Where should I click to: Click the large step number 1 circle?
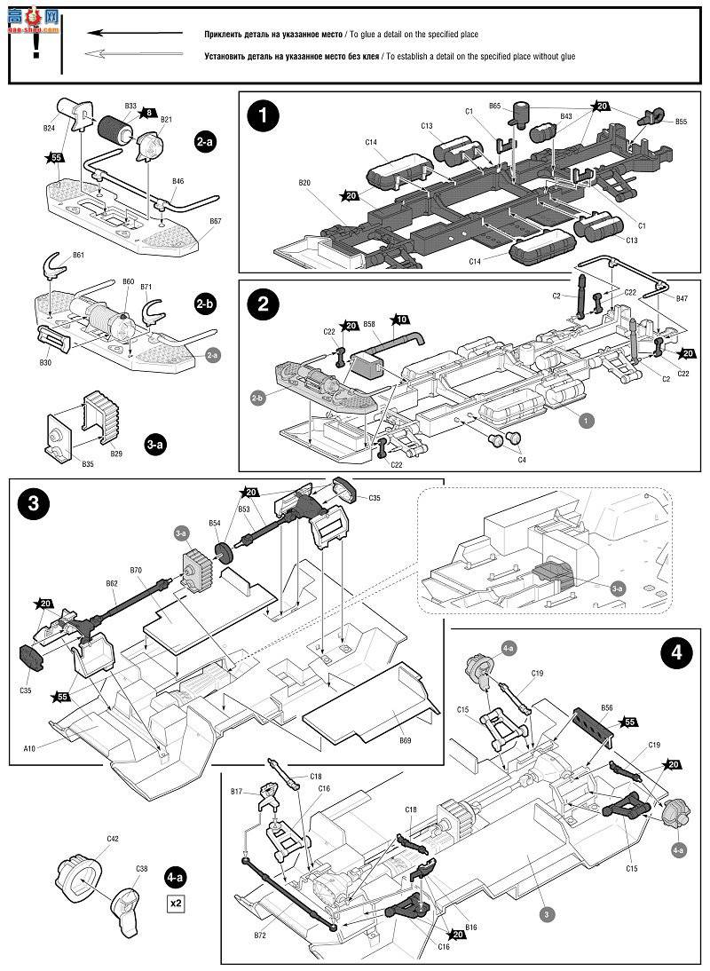coord(263,115)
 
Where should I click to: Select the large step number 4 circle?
coord(677,654)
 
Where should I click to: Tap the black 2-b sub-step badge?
coord(205,304)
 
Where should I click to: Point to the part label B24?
coord(50,128)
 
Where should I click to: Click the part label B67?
coord(216,221)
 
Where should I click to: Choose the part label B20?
coord(304,183)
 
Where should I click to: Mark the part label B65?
coord(494,106)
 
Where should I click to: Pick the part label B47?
coord(682,299)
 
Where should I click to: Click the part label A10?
coord(30,748)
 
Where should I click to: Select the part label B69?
coord(405,739)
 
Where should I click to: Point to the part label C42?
coord(113,838)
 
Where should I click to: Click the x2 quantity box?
coord(176,904)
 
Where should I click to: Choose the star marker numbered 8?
coord(148,113)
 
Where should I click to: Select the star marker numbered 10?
coord(400,320)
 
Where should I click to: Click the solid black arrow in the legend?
coord(128,34)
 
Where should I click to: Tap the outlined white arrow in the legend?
coord(128,55)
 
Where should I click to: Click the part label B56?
coord(606,707)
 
